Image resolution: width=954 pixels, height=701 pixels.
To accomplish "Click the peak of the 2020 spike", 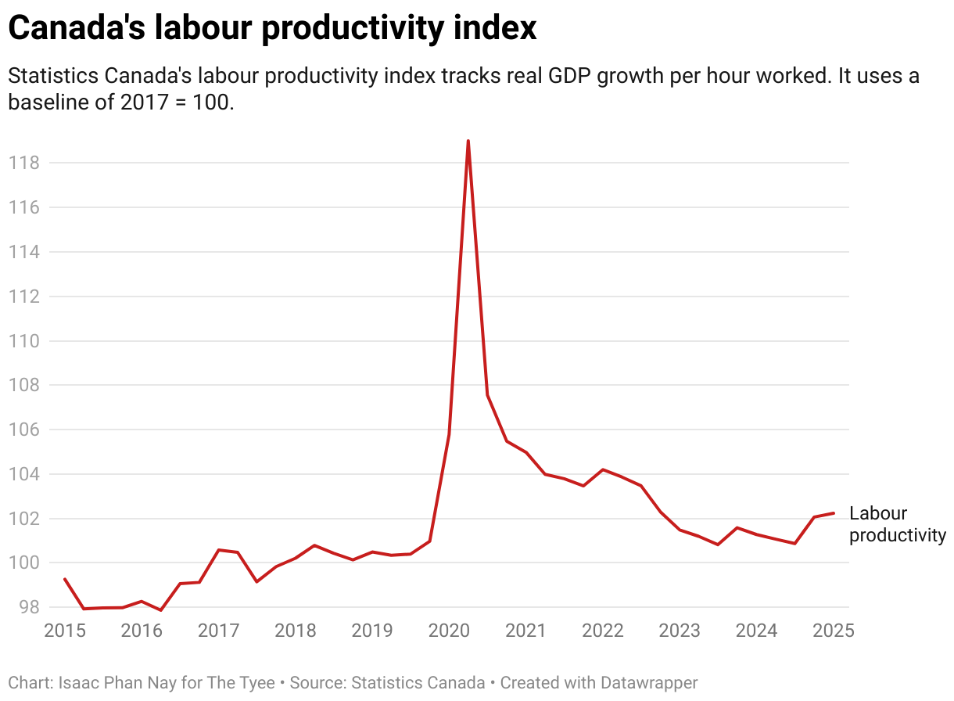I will coord(468,142).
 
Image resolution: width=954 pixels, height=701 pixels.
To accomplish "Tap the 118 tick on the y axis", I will coord(23,163).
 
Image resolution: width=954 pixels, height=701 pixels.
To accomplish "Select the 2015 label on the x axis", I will coord(65,631).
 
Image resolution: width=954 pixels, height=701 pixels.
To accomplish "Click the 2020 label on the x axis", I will coord(449,631).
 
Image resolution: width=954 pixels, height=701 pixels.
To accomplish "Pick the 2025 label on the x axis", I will coord(834,631).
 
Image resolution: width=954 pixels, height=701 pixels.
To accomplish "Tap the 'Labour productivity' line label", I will coord(896,524).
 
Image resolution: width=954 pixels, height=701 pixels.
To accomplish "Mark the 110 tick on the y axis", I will coord(23,341).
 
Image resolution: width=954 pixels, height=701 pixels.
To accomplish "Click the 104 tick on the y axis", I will coord(23,474).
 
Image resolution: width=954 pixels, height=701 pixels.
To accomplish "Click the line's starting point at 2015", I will coord(65,579).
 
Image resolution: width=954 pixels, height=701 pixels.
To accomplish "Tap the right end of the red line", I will coord(834,513).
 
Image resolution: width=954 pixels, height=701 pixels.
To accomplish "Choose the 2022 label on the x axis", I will coord(602,631).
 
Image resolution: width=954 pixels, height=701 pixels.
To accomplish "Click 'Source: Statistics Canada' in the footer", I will coord(387,683).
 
